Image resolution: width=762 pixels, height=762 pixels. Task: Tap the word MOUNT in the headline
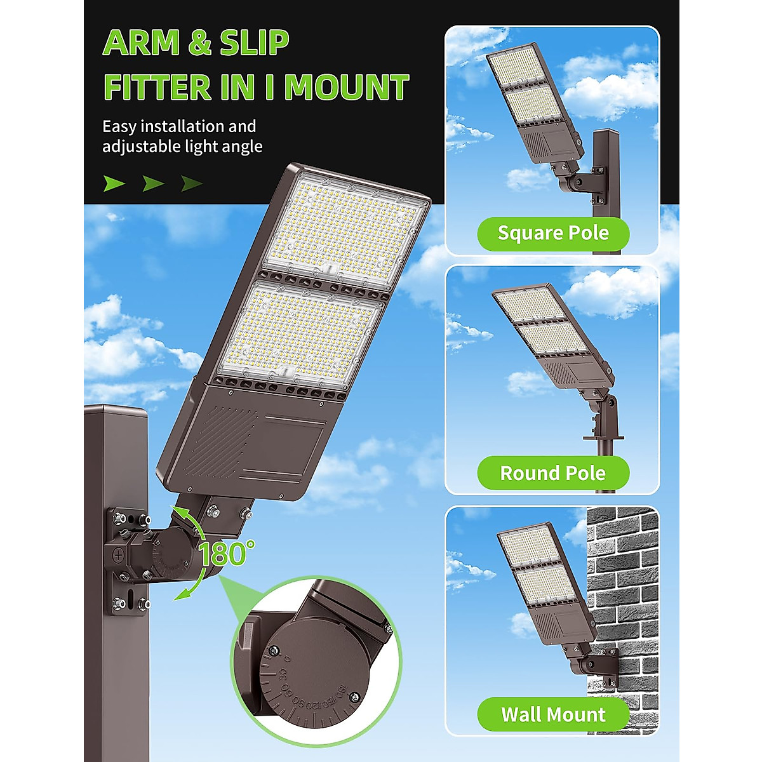pos(346,88)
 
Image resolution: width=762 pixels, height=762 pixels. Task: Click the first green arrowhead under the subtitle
pos(114,184)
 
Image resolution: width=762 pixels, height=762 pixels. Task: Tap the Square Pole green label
pos(552,233)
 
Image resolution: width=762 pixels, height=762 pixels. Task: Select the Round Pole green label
pos(552,473)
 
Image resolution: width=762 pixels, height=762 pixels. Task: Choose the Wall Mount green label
pos(552,714)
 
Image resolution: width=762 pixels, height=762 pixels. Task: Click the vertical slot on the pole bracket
pos(129,599)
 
